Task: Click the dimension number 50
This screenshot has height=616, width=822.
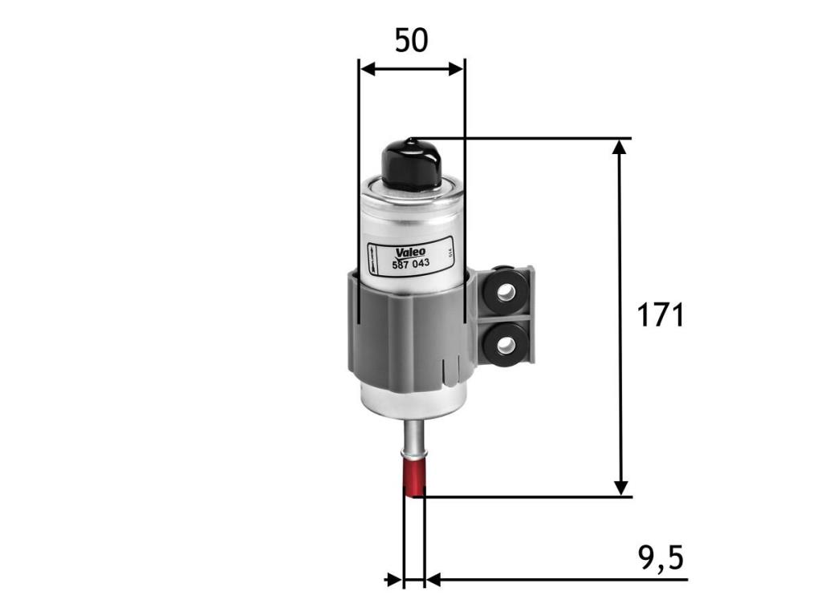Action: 412,41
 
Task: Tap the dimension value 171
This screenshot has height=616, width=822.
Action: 661,316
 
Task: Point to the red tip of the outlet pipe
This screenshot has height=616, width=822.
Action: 413,478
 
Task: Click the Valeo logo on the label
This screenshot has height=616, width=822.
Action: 410,252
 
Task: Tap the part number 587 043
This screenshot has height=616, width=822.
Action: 411,263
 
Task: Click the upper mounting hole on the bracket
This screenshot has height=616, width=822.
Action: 505,292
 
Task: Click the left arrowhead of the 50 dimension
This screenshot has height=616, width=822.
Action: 368,69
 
